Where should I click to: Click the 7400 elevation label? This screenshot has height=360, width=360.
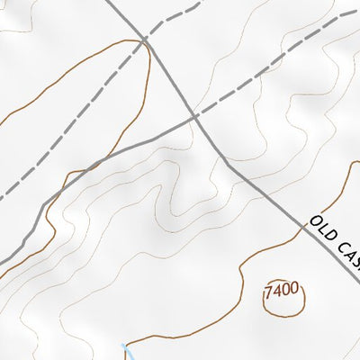[x=281, y=292]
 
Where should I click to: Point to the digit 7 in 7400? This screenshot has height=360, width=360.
[x=269, y=294]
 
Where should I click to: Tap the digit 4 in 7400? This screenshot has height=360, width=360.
[x=277, y=293]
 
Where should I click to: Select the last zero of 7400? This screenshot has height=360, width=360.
[x=293, y=291]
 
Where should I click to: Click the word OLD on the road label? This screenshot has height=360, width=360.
[x=321, y=229]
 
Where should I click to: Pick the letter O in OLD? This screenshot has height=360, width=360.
[x=314, y=222]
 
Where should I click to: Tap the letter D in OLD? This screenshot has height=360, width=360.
[x=328, y=237]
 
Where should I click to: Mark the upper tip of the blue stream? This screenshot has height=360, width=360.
[x=123, y=344]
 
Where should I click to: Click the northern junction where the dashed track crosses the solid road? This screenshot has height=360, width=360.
[x=146, y=40]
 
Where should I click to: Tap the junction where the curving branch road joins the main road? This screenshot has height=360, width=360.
[x=193, y=118]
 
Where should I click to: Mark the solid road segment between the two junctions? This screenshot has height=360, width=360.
[x=170, y=79]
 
